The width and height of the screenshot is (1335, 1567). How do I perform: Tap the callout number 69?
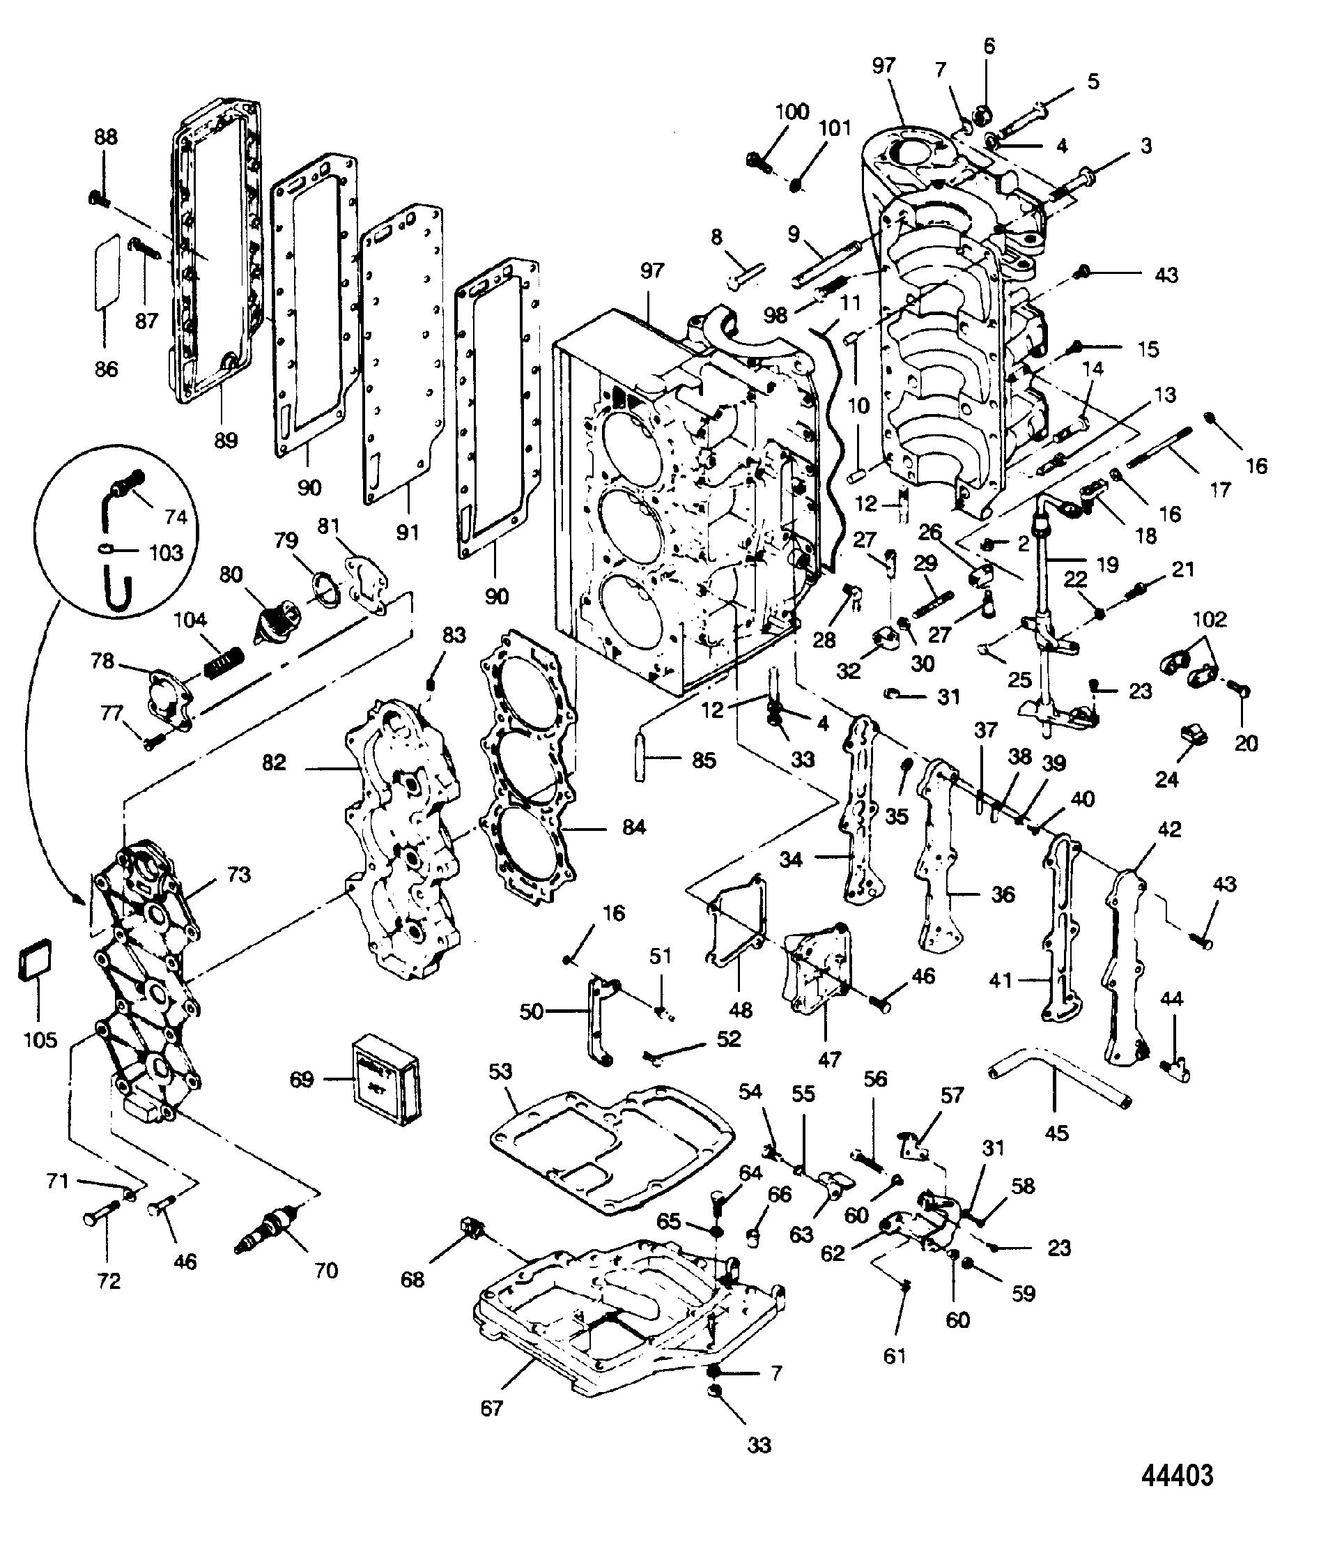click(x=302, y=1078)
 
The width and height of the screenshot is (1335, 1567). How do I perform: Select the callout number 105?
click(x=40, y=1039)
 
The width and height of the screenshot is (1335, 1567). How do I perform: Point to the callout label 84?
click(x=633, y=827)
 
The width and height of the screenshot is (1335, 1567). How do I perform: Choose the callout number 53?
click(x=500, y=1071)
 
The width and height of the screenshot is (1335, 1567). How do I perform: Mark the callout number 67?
click(x=492, y=1408)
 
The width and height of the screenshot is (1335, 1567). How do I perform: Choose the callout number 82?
click(x=274, y=763)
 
